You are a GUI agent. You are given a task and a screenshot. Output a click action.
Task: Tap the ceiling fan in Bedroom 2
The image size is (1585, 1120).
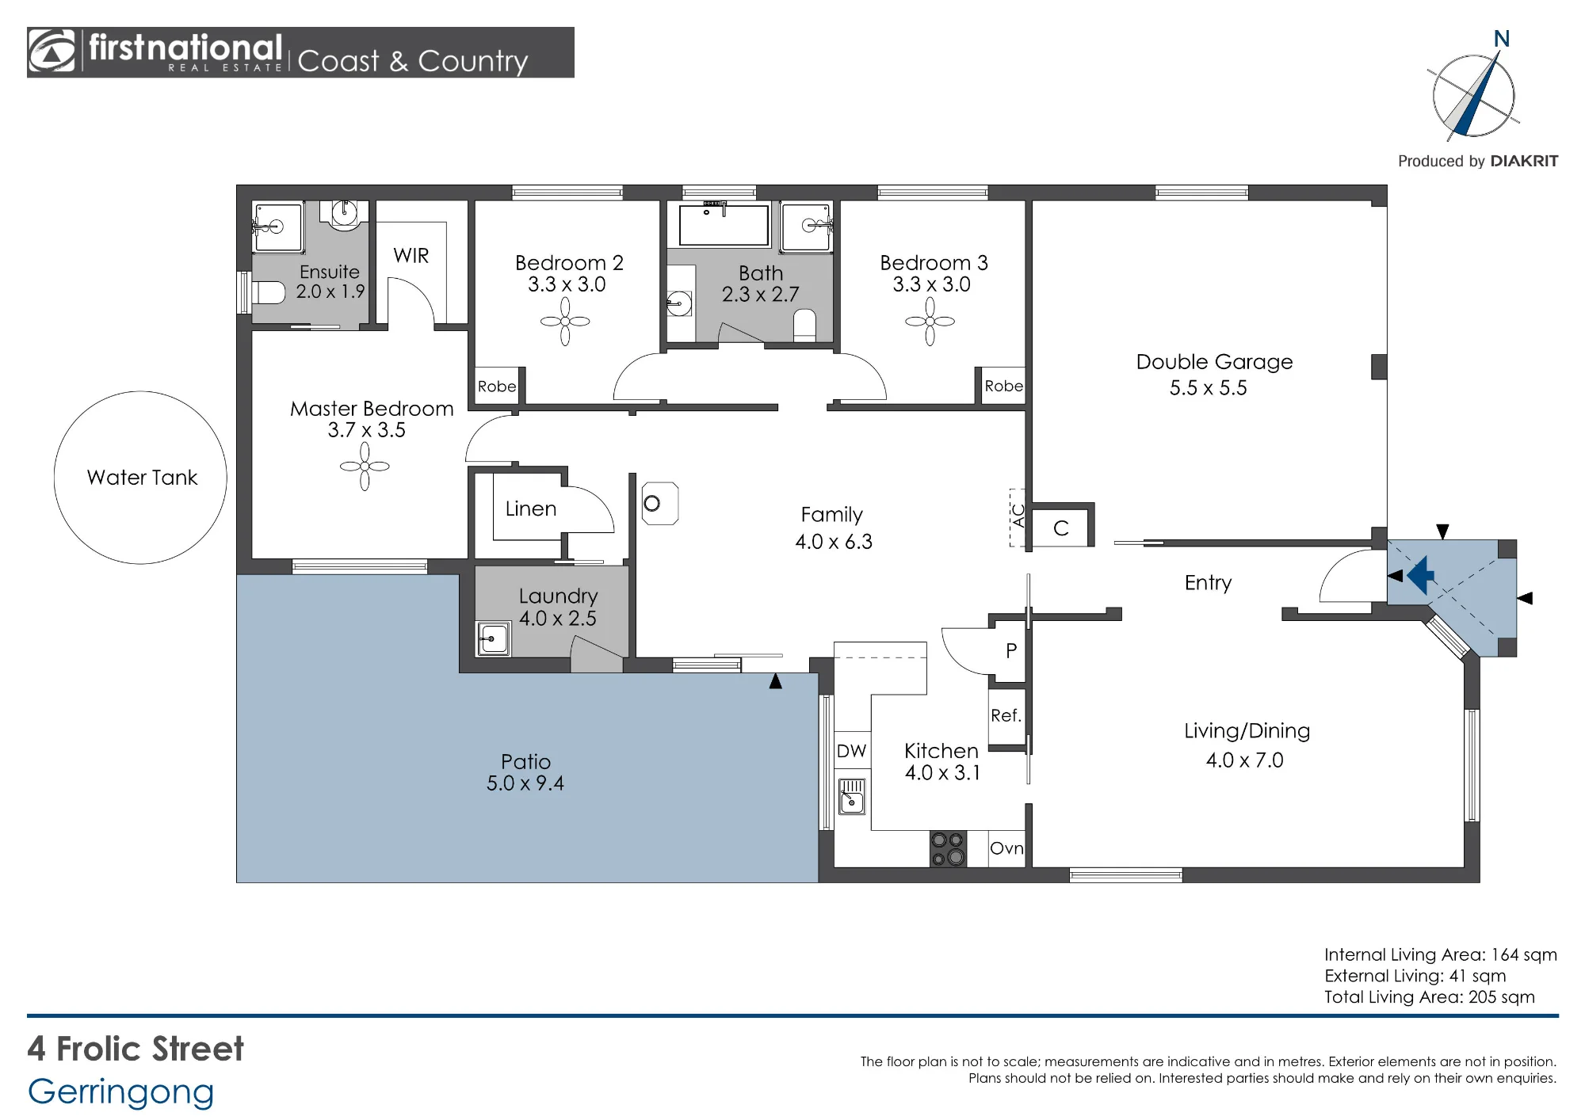(x=565, y=322)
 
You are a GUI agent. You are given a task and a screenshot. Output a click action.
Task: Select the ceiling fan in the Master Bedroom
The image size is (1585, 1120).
(x=365, y=467)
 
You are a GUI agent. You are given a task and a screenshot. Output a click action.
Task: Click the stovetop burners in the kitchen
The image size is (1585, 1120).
(x=948, y=848)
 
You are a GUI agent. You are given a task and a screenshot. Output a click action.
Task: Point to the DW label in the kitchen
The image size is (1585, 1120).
(x=852, y=751)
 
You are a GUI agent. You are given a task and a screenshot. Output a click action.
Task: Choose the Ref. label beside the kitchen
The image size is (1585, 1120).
(x=1006, y=715)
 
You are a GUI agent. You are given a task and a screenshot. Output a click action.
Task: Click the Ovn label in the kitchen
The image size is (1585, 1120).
(x=1006, y=848)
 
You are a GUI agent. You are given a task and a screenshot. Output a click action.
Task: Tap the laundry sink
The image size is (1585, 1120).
(x=493, y=638)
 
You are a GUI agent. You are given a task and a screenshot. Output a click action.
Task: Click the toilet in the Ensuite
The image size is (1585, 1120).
(x=268, y=292)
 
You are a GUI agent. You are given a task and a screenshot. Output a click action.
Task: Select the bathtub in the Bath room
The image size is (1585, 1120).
(x=724, y=223)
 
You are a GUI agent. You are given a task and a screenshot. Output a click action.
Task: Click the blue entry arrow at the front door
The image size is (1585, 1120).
(x=1421, y=575)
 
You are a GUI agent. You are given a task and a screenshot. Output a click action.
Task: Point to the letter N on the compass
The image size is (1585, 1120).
(x=1501, y=39)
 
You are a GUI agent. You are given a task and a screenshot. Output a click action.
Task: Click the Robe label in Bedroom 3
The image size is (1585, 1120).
(x=1003, y=387)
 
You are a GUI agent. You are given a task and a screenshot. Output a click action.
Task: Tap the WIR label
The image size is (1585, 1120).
(x=411, y=256)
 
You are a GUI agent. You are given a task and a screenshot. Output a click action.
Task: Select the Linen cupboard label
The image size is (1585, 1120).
(x=531, y=509)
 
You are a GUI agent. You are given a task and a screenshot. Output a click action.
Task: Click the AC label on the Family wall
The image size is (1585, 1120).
(x=1018, y=516)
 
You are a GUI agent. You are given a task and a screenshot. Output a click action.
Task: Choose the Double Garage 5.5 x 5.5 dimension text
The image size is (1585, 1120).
(x=1209, y=388)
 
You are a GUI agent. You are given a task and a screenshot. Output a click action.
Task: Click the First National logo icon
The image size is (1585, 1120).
(x=52, y=51)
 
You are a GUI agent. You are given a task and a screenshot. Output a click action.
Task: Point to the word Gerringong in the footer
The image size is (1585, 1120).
(x=121, y=1093)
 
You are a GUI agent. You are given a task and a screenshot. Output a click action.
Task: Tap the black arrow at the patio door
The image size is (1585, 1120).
(x=775, y=680)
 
